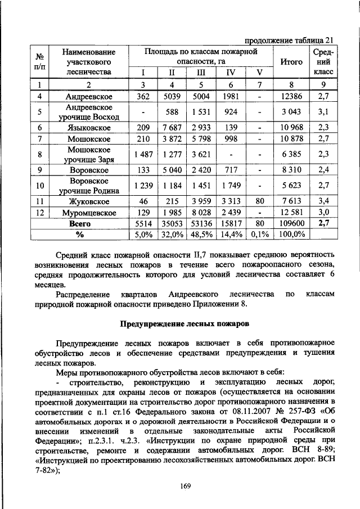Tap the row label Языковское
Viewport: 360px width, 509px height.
pos(89,128)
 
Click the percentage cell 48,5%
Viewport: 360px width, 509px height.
pos(201,233)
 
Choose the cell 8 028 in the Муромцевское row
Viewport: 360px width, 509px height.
pos(201,213)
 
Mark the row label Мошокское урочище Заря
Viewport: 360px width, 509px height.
pos(89,155)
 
